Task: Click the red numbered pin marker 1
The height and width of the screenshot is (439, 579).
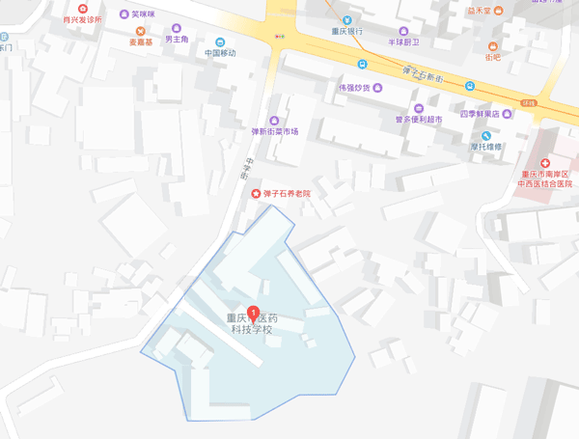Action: (253, 313)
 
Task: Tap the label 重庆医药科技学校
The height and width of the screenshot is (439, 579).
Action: (252, 324)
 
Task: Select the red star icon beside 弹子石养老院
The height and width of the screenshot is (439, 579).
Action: (256, 194)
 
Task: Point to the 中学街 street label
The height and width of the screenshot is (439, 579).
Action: (247, 170)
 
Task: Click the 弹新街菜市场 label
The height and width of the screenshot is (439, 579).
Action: (275, 131)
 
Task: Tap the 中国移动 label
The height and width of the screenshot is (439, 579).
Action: (220, 53)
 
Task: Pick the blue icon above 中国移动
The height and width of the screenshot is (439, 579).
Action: (220, 41)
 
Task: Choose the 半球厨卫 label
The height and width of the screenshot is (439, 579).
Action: (402, 41)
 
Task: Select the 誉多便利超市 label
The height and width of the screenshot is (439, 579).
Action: (419, 120)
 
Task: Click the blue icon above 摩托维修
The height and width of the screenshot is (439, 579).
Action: (486, 135)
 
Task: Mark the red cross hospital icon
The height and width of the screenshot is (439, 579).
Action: (544, 162)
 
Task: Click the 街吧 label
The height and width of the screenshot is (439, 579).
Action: (493, 58)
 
